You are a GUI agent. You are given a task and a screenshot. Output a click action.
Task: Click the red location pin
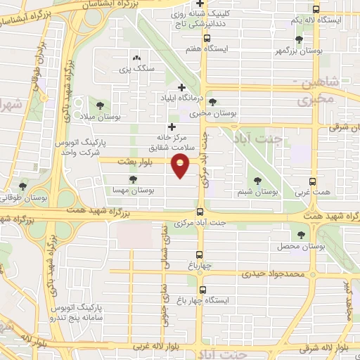(x=181, y=166)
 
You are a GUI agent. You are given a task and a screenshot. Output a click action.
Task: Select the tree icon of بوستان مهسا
(x=134, y=180)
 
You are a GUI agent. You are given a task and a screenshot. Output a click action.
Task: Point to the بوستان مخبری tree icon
(x=212, y=102)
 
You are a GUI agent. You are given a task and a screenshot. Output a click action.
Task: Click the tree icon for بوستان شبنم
(x=257, y=180)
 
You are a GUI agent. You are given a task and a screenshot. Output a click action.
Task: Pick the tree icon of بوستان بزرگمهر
(x=300, y=40)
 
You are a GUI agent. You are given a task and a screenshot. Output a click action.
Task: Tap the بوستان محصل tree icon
(x=302, y=236)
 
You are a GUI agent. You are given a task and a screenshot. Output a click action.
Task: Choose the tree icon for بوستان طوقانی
(x=23, y=187)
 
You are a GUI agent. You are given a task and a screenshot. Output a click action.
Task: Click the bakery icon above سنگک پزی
(x=136, y=58)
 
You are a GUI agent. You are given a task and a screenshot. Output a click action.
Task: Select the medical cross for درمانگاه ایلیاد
(x=182, y=87)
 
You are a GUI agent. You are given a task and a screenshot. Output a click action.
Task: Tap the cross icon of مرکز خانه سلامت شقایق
(x=172, y=127)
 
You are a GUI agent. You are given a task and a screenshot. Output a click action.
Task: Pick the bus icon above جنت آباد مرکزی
(x=201, y=212)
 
